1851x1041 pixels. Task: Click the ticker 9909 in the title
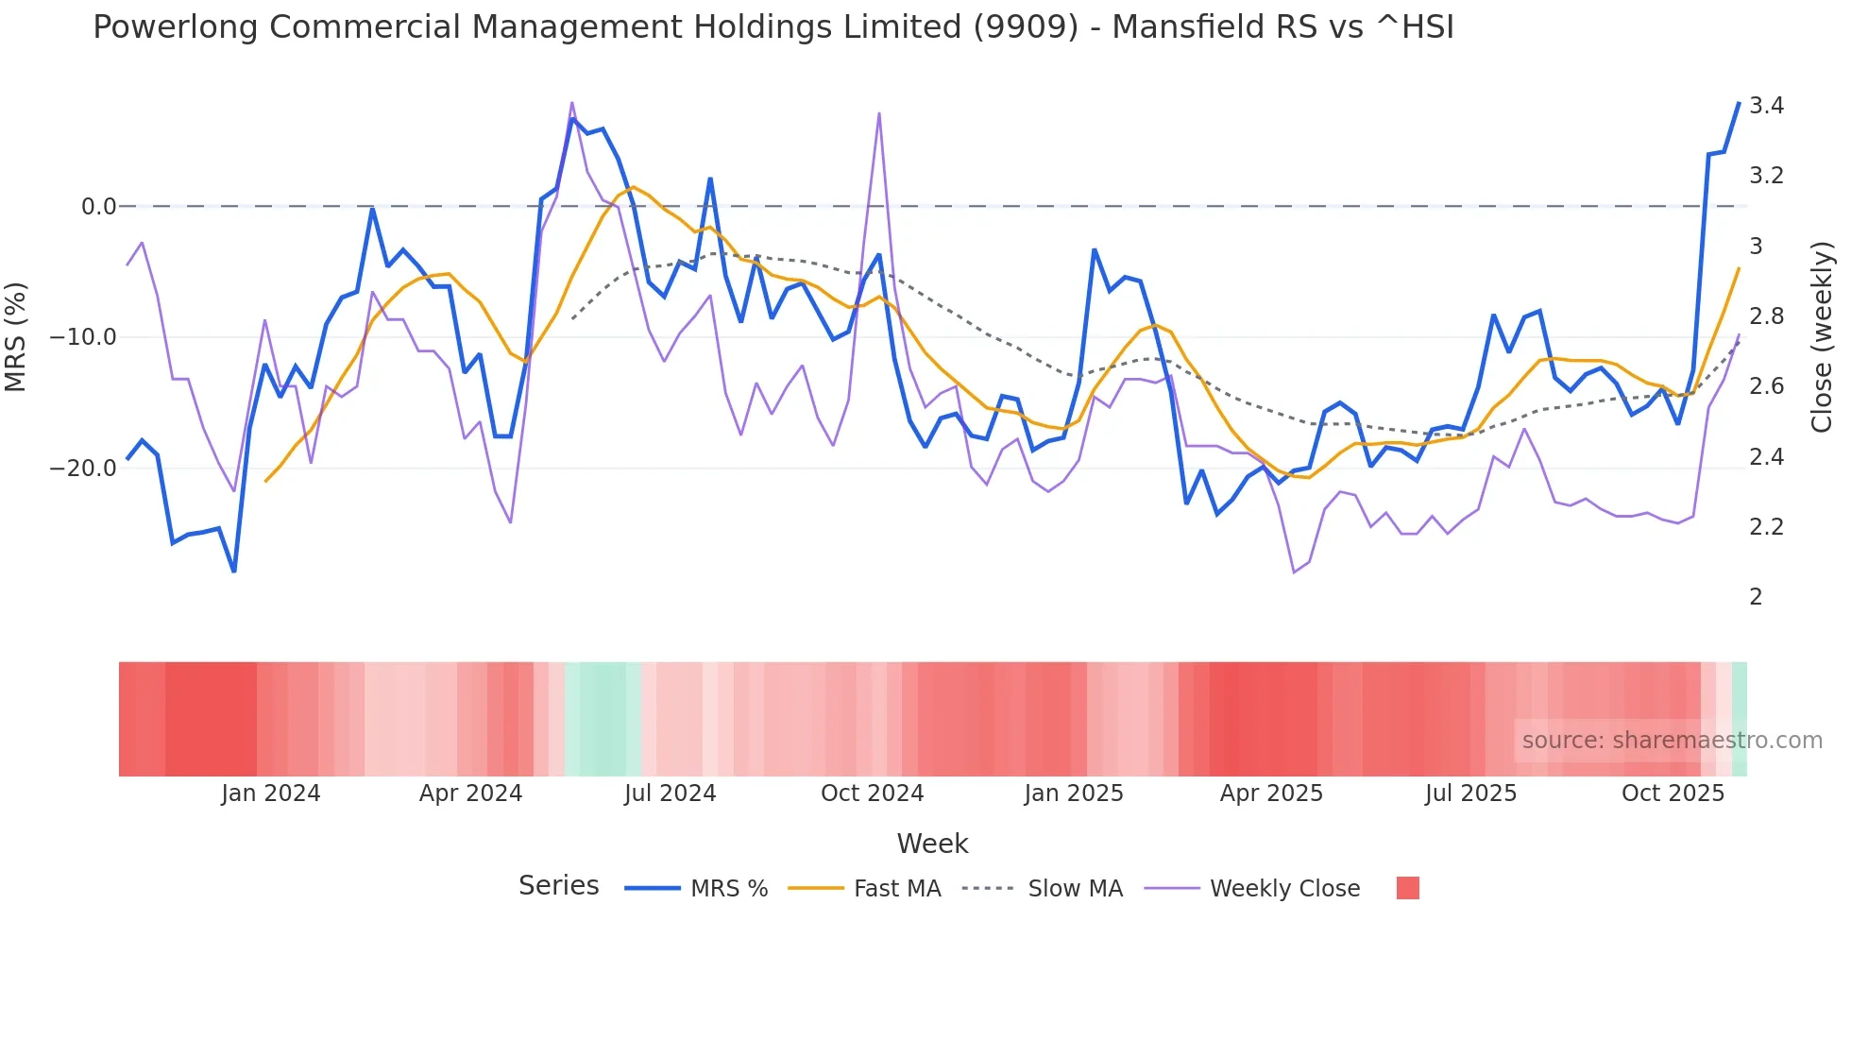click(1026, 27)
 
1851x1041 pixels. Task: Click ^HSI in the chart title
click(1415, 27)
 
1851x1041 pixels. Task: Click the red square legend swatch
click(1407, 888)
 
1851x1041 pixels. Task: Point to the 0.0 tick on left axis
click(98, 207)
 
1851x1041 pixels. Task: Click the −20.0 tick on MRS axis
click(83, 469)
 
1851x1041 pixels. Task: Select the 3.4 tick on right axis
click(1766, 106)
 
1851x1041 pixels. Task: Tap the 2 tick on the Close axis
click(1756, 597)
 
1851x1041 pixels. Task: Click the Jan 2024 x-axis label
click(271, 794)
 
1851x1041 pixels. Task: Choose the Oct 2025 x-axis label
click(1673, 794)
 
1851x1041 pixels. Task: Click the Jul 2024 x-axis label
click(670, 794)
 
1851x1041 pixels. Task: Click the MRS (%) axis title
click(16, 337)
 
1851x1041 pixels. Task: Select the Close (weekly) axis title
click(1822, 337)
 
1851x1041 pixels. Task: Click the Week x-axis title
click(932, 844)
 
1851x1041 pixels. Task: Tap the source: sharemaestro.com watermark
click(1672, 741)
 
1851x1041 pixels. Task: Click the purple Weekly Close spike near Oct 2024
click(879, 114)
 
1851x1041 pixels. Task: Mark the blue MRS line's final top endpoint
click(1739, 103)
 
